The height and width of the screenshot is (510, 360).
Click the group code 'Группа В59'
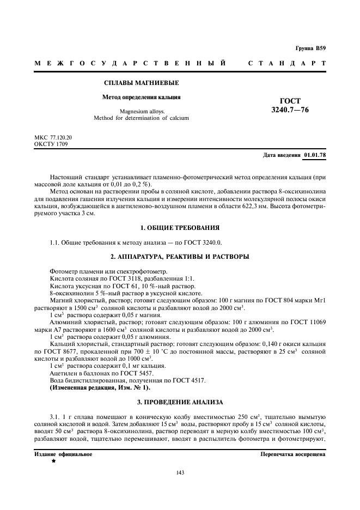[310, 48]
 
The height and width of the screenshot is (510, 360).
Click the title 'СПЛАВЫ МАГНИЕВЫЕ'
[142, 83]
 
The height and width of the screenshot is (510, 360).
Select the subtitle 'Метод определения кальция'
[142, 98]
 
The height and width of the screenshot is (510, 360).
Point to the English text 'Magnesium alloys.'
[142, 111]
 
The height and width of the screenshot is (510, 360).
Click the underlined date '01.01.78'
[315, 155]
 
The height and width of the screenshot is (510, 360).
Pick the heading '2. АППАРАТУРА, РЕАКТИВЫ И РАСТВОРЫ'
[180, 256]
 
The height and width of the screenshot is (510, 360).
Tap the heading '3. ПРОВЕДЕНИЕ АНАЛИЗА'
[180, 402]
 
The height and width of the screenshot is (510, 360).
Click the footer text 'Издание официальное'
[63, 454]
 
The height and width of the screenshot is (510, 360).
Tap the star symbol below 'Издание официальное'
[53, 461]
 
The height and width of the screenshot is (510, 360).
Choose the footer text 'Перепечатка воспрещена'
[293, 454]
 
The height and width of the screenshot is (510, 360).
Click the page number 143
[180, 472]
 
